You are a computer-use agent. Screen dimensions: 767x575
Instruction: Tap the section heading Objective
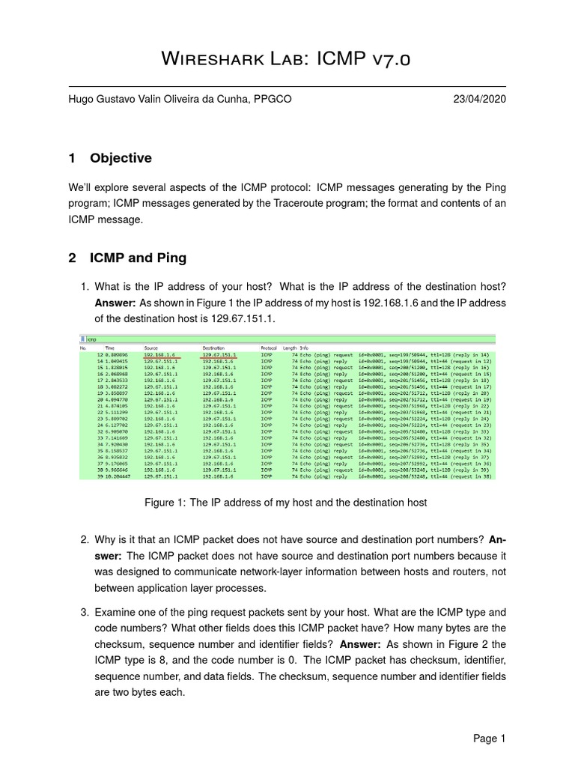click(121, 158)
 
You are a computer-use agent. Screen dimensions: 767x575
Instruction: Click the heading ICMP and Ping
click(138, 258)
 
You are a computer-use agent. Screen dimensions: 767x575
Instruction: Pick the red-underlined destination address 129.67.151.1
click(219, 355)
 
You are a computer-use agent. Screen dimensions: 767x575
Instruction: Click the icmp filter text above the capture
click(93, 339)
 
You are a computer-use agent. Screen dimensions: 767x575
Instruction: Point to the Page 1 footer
click(490, 739)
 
